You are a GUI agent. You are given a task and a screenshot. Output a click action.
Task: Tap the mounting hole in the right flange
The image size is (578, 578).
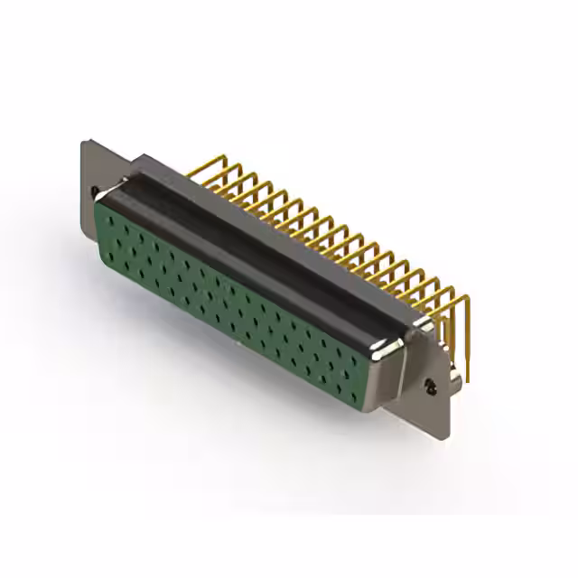(x=432, y=387)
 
